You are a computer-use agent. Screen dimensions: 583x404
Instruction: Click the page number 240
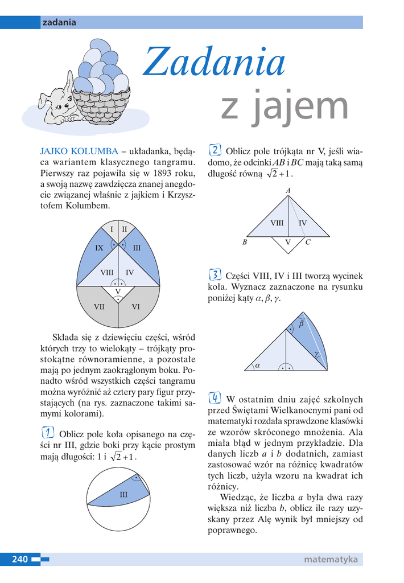20,559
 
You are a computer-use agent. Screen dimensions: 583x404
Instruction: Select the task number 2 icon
215,150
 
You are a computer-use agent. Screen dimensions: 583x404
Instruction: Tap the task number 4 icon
215,398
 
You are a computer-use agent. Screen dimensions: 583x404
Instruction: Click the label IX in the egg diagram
99,248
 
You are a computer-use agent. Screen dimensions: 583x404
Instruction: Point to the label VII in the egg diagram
99,306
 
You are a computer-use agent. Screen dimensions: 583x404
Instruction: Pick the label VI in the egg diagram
136,306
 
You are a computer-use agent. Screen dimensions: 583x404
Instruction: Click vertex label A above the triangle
288,191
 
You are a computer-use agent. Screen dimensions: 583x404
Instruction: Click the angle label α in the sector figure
257,366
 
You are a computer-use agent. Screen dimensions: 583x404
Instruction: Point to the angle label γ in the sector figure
316,353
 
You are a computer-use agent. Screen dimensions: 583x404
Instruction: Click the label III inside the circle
123,495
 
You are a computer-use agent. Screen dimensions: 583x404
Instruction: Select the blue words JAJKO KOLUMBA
79,151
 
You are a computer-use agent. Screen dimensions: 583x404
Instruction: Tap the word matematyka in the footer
331,559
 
